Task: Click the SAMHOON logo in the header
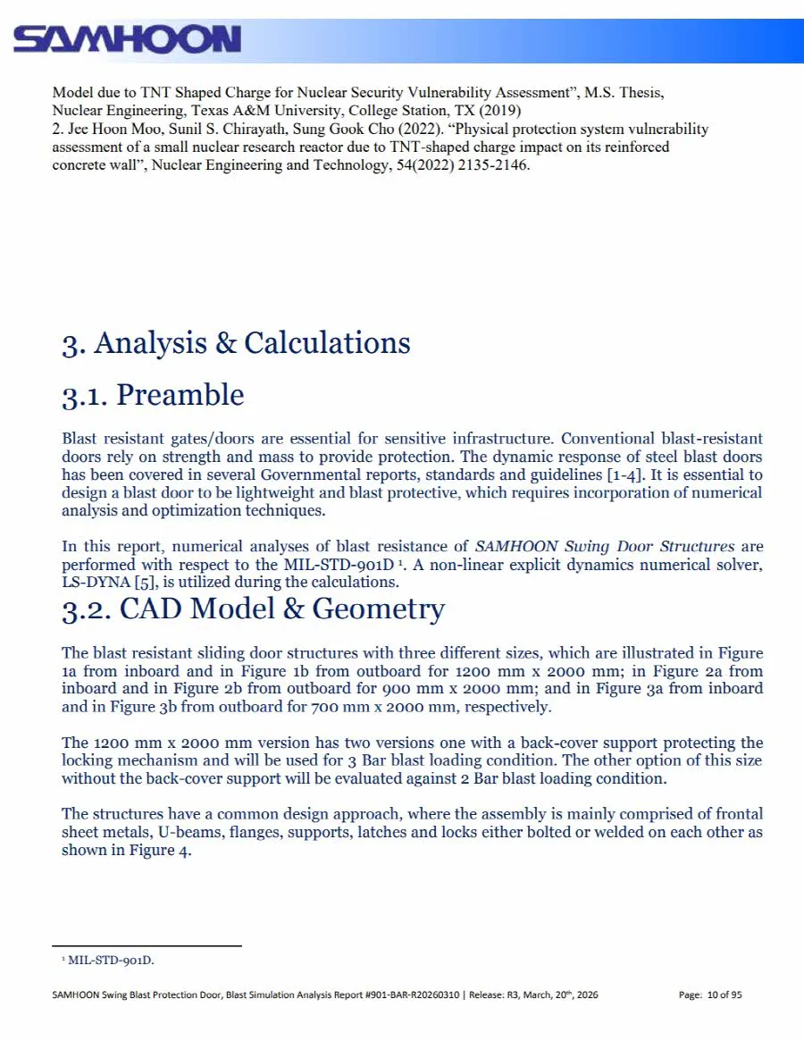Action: click(x=128, y=39)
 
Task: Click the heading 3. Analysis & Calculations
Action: click(x=236, y=343)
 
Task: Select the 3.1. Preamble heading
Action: click(x=153, y=395)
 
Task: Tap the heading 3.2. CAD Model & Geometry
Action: click(x=253, y=609)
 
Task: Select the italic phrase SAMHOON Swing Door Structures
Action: click(x=604, y=546)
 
